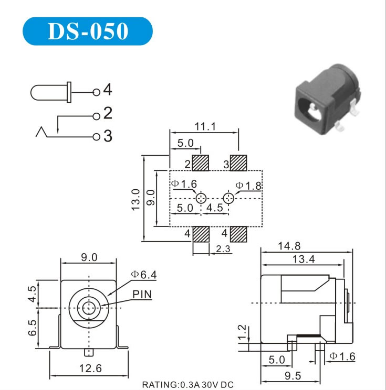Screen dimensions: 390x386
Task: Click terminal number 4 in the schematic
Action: point(107,90)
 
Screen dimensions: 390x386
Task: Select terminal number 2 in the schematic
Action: point(108,113)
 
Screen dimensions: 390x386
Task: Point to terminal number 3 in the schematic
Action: point(108,136)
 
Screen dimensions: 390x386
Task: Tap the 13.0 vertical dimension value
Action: point(135,199)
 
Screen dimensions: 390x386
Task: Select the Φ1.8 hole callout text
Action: point(248,185)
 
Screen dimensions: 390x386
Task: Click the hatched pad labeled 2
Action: point(201,163)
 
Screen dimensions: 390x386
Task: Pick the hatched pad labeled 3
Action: point(239,163)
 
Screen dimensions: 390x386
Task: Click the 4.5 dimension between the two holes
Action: point(215,208)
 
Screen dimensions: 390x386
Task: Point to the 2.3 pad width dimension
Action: point(223,250)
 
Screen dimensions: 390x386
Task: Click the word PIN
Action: point(142,294)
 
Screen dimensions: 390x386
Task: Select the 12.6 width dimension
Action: point(90,369)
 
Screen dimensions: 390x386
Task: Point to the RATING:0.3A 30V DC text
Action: point(188,385)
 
